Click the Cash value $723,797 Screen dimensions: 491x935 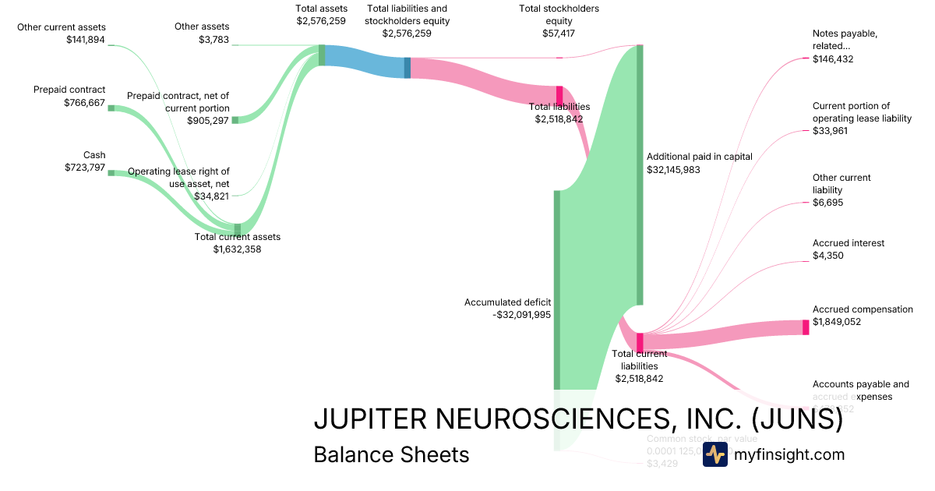click(84, 168)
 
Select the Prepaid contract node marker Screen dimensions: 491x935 click(111, 108)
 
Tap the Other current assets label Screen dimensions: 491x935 click(62, 27)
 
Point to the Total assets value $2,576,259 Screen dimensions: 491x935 click(321, 21)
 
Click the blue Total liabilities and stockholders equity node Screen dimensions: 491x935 click(407, 68)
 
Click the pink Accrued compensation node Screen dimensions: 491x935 click(806, 327)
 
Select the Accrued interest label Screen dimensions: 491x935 click(848, 243)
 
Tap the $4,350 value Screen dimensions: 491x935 click(827, 256)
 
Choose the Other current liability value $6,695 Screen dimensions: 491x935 click(827, 203)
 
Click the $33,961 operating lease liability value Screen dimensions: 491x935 click(830, 131)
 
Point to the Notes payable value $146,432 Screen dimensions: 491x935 click(833, 58)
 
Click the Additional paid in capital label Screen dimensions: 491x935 click(699, 156)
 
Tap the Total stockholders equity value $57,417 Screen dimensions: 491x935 click(559, 34)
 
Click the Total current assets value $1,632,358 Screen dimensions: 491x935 click(237, 249)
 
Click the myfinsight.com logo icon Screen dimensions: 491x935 click(714, 454)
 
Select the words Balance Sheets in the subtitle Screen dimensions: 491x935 click(391, 454)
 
